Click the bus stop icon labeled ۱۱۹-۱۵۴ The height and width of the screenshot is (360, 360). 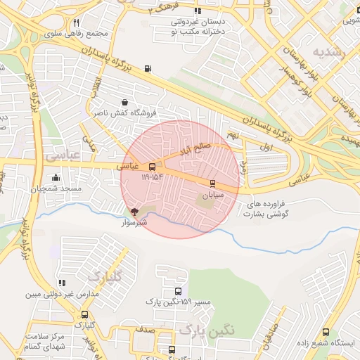coord(153,167)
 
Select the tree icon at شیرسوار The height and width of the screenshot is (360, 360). coord(135,212)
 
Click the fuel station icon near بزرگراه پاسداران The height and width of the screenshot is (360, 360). coord(148,69)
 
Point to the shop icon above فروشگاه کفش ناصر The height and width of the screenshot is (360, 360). coord(124,101)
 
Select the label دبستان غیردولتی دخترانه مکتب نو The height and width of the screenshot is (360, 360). coord(198,27)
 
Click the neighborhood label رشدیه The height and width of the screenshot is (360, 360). coord(330,52)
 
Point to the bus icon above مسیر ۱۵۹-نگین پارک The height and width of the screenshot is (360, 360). coord(178,291)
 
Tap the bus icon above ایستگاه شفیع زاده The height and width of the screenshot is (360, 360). coord(326,333)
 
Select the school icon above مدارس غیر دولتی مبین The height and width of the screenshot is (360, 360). coord(62,283)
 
